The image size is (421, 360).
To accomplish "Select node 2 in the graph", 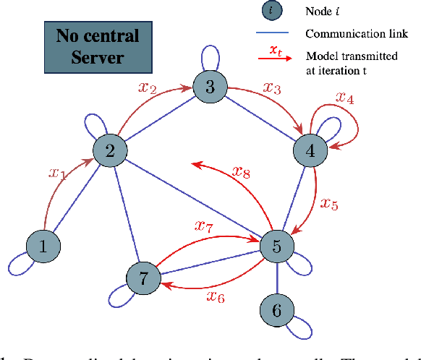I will tap(110, 152).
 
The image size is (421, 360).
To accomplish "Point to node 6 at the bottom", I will tap(277, 310).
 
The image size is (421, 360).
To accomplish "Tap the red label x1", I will tap(57, 173).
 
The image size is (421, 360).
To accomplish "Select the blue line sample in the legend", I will tap(271, 33).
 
